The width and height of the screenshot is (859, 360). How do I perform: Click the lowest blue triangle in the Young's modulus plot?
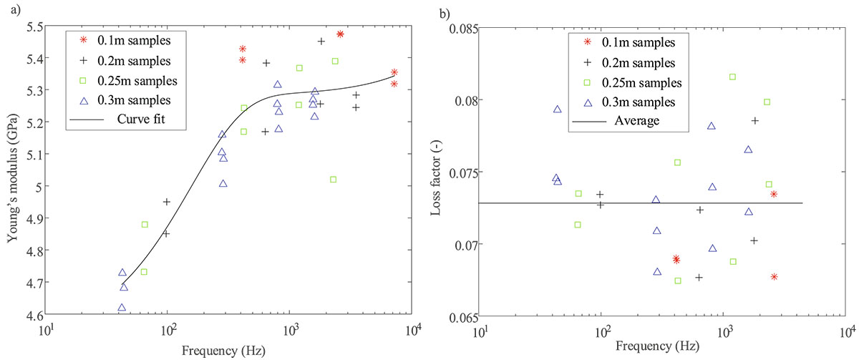[122, 308]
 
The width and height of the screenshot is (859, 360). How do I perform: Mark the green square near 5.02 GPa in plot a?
[333, 180]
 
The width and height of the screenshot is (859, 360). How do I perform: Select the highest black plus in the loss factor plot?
[754, 120]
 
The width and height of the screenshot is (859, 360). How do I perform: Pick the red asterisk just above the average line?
[774, 194]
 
